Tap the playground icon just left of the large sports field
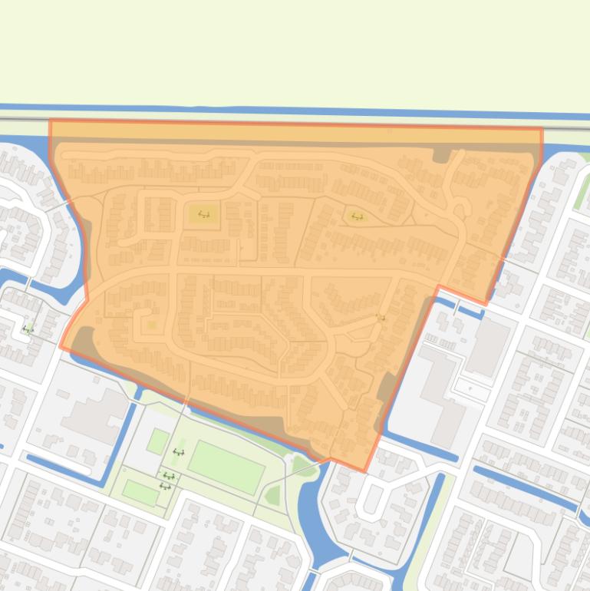pyautogui.click(x=179, y=452)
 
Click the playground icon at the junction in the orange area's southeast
pyautogui.click(x=381, y=317)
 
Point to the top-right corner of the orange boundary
pyautogui.click(x=542, y=129)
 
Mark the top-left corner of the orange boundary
pyautogui.click(x=51, y=121)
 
